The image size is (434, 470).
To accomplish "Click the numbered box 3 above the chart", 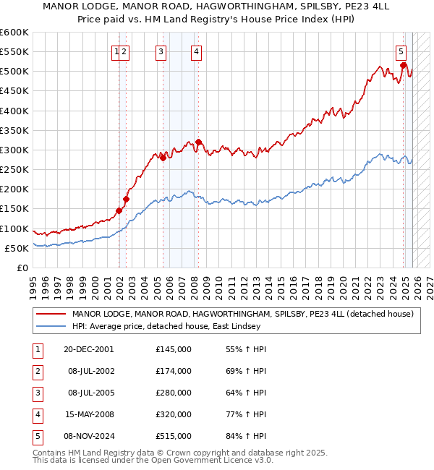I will click(160, 51).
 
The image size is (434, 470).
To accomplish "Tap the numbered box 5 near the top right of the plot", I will click(401, 51).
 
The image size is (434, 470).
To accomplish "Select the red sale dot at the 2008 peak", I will click(198, 142).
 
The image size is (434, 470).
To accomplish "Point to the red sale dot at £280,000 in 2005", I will click(163, 158).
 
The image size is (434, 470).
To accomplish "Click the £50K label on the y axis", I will click(17, 248).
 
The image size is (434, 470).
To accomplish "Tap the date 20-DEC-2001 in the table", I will click(88, 349).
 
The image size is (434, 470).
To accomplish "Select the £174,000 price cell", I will click(174, 371).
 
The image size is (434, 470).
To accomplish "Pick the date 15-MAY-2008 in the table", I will click(88, 414).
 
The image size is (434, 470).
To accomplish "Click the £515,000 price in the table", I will click(174, 436).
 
